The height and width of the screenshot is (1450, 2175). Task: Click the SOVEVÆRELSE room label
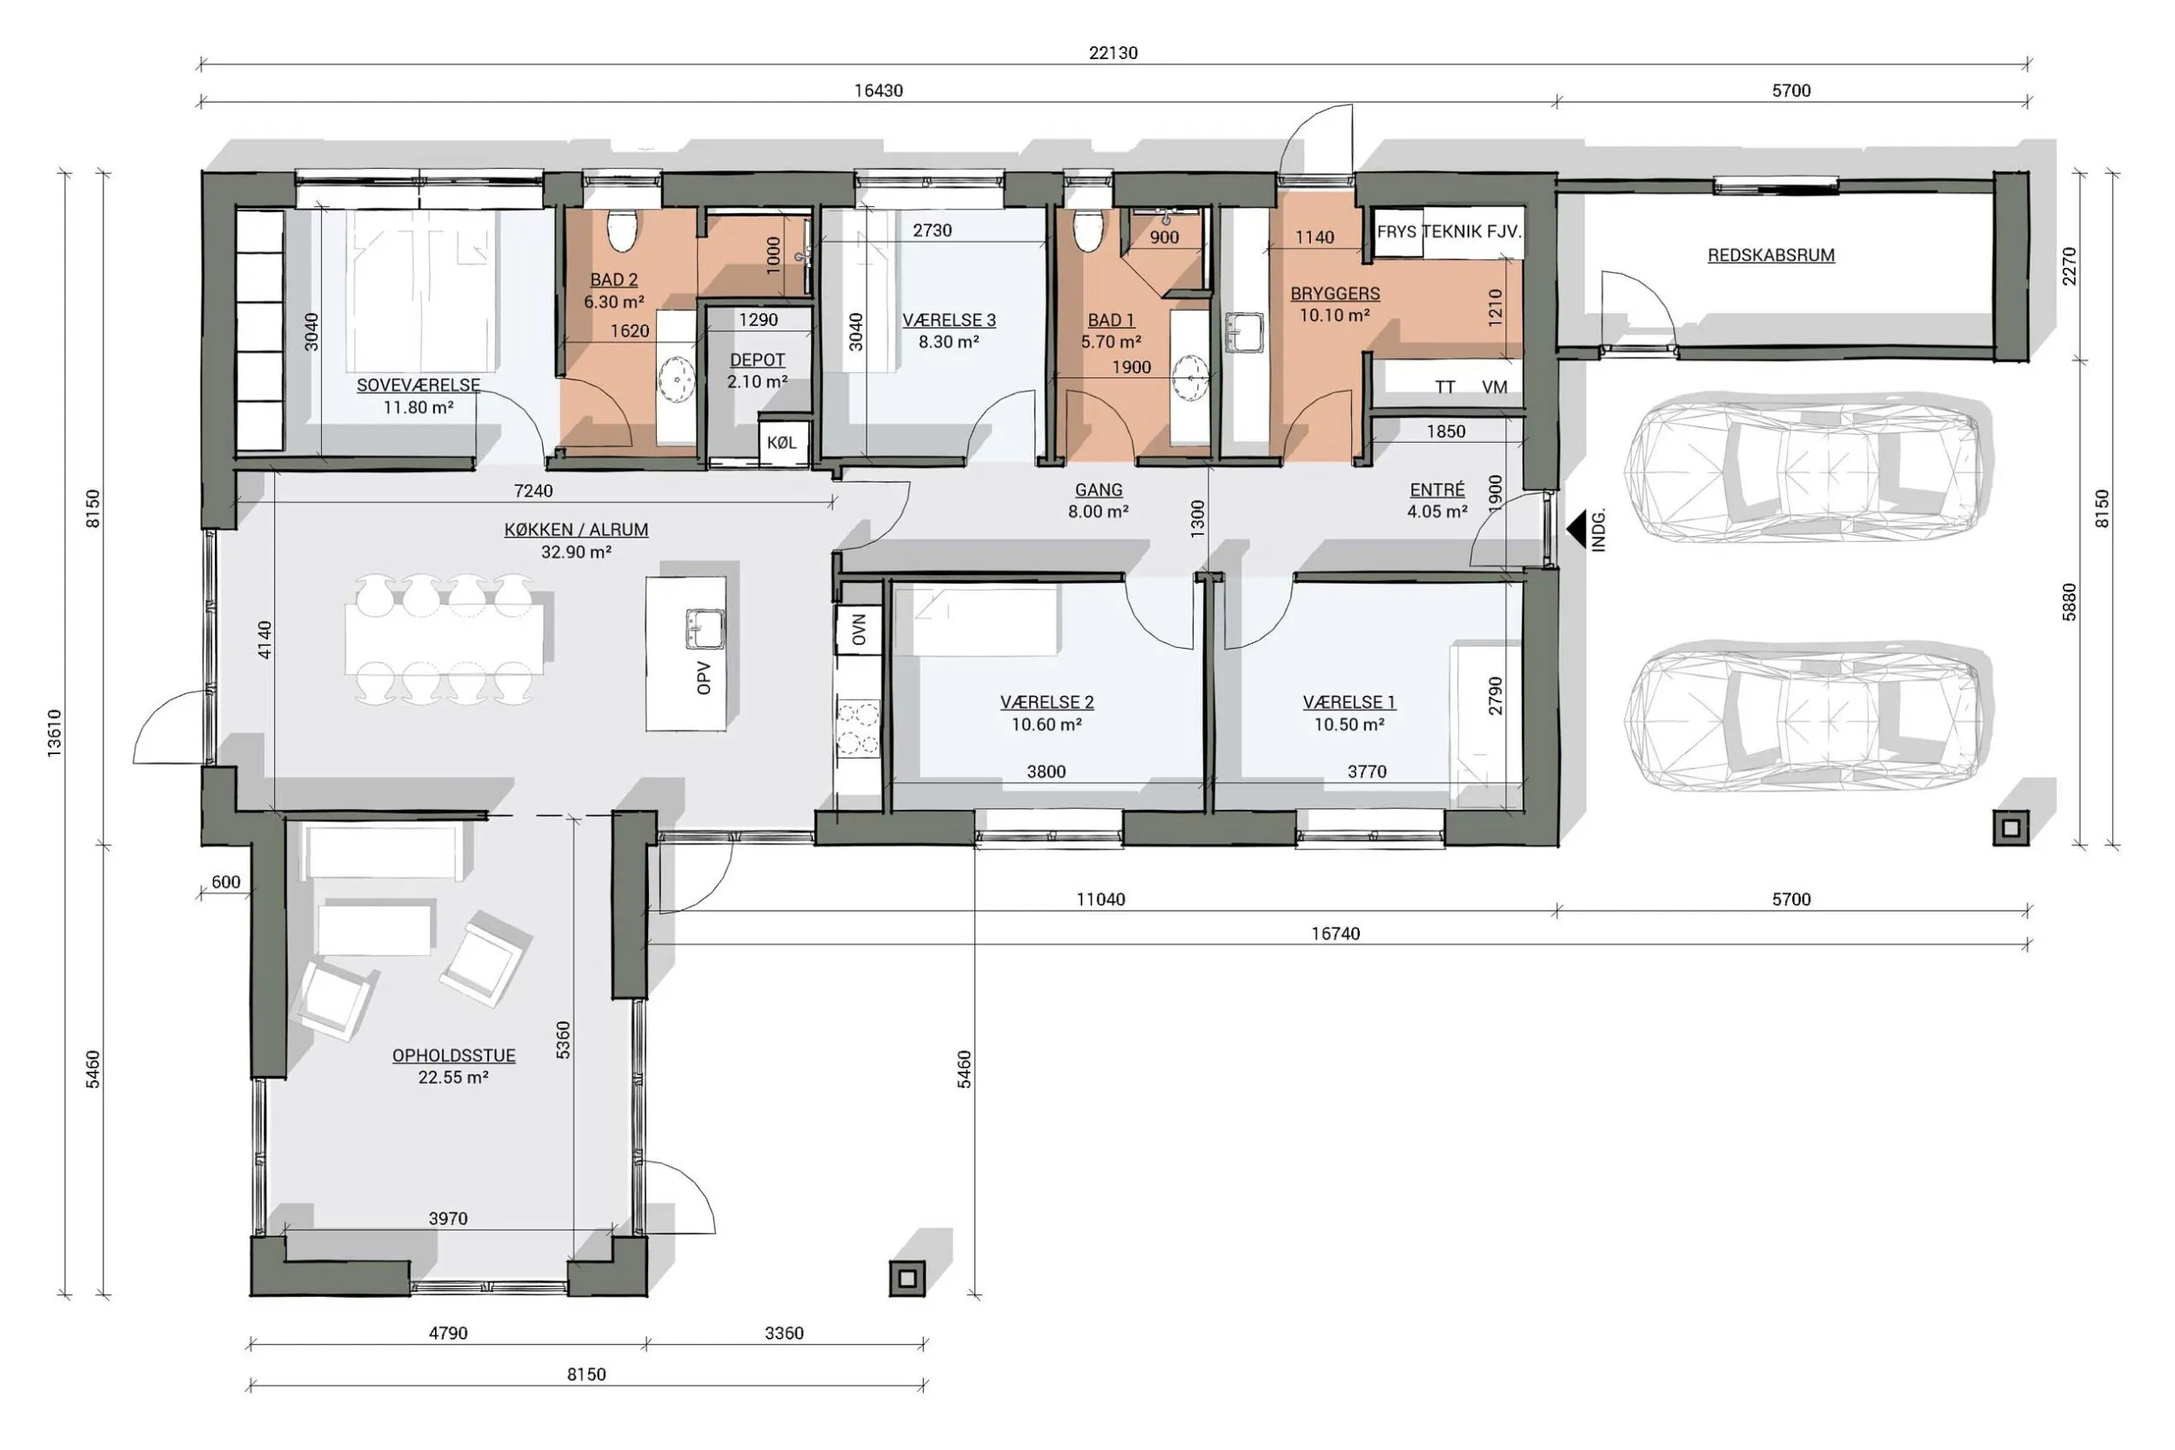[x=418, y=384]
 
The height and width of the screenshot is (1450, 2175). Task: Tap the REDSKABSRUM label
[x=1771, y=255]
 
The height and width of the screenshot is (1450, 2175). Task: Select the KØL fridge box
[x=781, y=442]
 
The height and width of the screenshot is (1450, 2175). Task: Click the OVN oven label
[x=859, y=630]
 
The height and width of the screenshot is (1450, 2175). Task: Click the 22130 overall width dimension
[x=1114, y=54]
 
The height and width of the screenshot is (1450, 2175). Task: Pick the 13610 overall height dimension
[x=56, y=733]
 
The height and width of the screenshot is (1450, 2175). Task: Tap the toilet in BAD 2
[x=622, y=230]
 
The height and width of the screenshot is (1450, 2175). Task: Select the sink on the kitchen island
[x=705, y=629]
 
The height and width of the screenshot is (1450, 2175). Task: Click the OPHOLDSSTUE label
[x=453, y=1055]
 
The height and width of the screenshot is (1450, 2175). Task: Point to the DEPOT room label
[x=758, y=360]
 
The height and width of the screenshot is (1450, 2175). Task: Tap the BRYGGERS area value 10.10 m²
[x=1335, y=316]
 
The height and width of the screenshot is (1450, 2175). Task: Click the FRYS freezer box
[x=1396, y=231]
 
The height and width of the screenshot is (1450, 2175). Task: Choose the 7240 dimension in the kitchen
[x=533, y=491]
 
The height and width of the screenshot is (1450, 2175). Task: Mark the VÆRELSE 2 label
[x=1047, y=702]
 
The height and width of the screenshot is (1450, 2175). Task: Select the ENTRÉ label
[x=1437, y=490]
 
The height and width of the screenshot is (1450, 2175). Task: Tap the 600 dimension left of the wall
[x=225, y=882]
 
